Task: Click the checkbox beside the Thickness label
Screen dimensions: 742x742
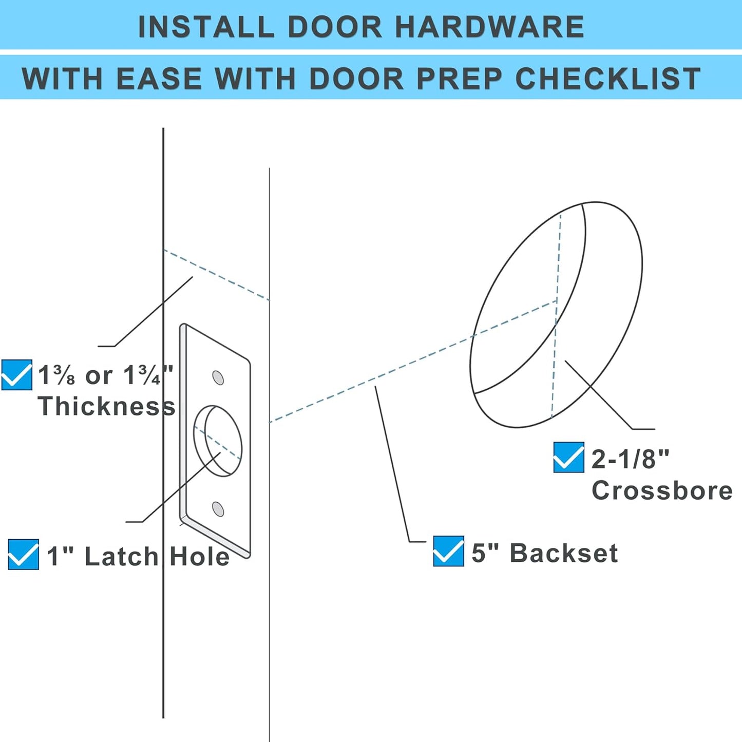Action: [x=16, y=375]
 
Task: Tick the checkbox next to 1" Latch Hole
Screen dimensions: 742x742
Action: [x=23, y=555]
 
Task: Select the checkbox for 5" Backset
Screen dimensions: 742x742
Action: [x=448, y=551]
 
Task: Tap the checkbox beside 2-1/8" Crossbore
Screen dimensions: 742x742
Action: [x=568, y=457]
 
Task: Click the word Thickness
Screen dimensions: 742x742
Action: [x=106, y=406]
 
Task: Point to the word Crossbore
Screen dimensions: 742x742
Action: [x=662, y=490]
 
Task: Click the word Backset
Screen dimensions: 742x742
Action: [x=564, y=553]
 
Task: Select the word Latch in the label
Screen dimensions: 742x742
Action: [x=121, y=557]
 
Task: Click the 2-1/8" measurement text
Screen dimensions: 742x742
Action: [x=631, y=459]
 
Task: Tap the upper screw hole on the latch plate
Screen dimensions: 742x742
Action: [x=218, y=378]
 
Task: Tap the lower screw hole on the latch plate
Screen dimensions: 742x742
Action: [x=218, y=509]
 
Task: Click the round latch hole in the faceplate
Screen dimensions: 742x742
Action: [x=218, y=441]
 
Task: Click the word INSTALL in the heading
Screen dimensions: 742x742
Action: [x=206, y=27]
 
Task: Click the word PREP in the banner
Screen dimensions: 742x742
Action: [x=459, y=79]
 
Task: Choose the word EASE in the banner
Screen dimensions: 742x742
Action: [x=159, y=79]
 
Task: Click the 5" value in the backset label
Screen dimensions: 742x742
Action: [x=485, y=553]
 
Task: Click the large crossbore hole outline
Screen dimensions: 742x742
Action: [x=556, y=314]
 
